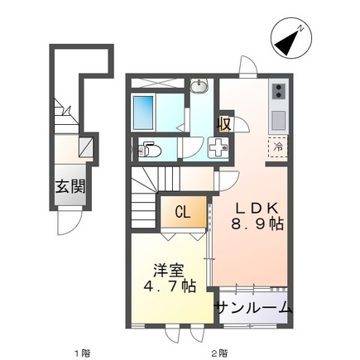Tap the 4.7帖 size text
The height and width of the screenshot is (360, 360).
166,289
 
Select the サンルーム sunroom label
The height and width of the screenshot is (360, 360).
253,309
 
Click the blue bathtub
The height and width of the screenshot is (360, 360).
153,110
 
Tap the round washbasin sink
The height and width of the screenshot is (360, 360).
199,87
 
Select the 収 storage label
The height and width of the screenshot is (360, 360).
225,124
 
